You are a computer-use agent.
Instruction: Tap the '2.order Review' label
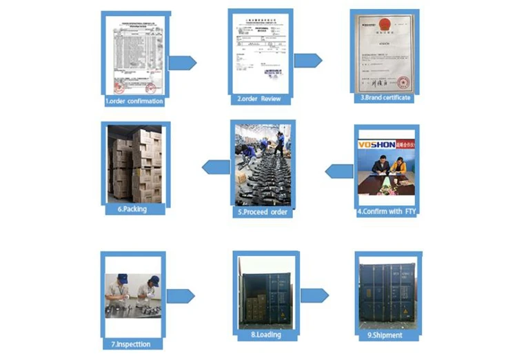click(259, 99)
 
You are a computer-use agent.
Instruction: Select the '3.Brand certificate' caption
click(385, 98)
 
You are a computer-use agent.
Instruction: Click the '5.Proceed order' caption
click(262, 212)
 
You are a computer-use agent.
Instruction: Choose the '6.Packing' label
click(133, 208)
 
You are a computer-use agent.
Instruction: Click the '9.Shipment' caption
click(387, 335)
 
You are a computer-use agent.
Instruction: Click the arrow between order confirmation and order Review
click(182, 63)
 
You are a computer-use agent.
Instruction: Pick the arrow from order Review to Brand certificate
click(308, 60)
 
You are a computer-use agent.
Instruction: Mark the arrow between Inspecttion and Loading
click(181, 295)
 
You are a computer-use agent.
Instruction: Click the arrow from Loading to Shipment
click(314, 294)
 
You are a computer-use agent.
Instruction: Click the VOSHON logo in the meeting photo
click(376, 144)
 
